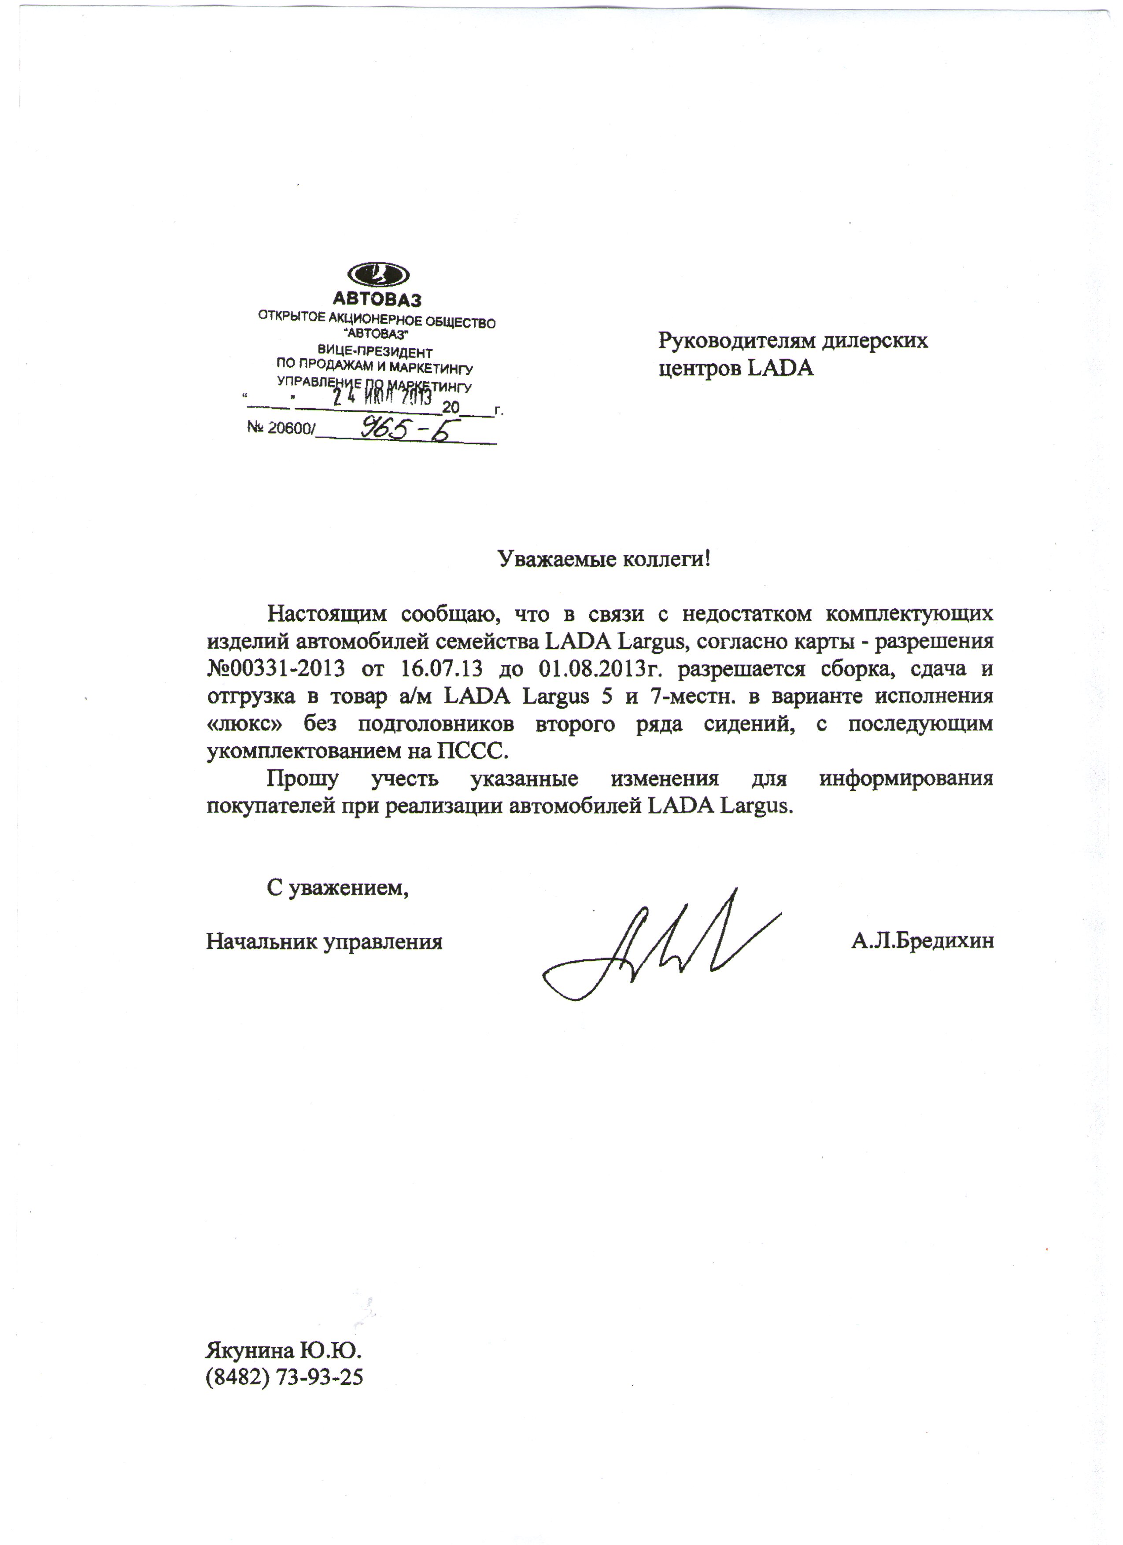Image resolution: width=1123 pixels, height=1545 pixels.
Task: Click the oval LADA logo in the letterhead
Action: point(378,275)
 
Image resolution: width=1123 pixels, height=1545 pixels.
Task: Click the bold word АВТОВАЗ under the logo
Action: point(377,299)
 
